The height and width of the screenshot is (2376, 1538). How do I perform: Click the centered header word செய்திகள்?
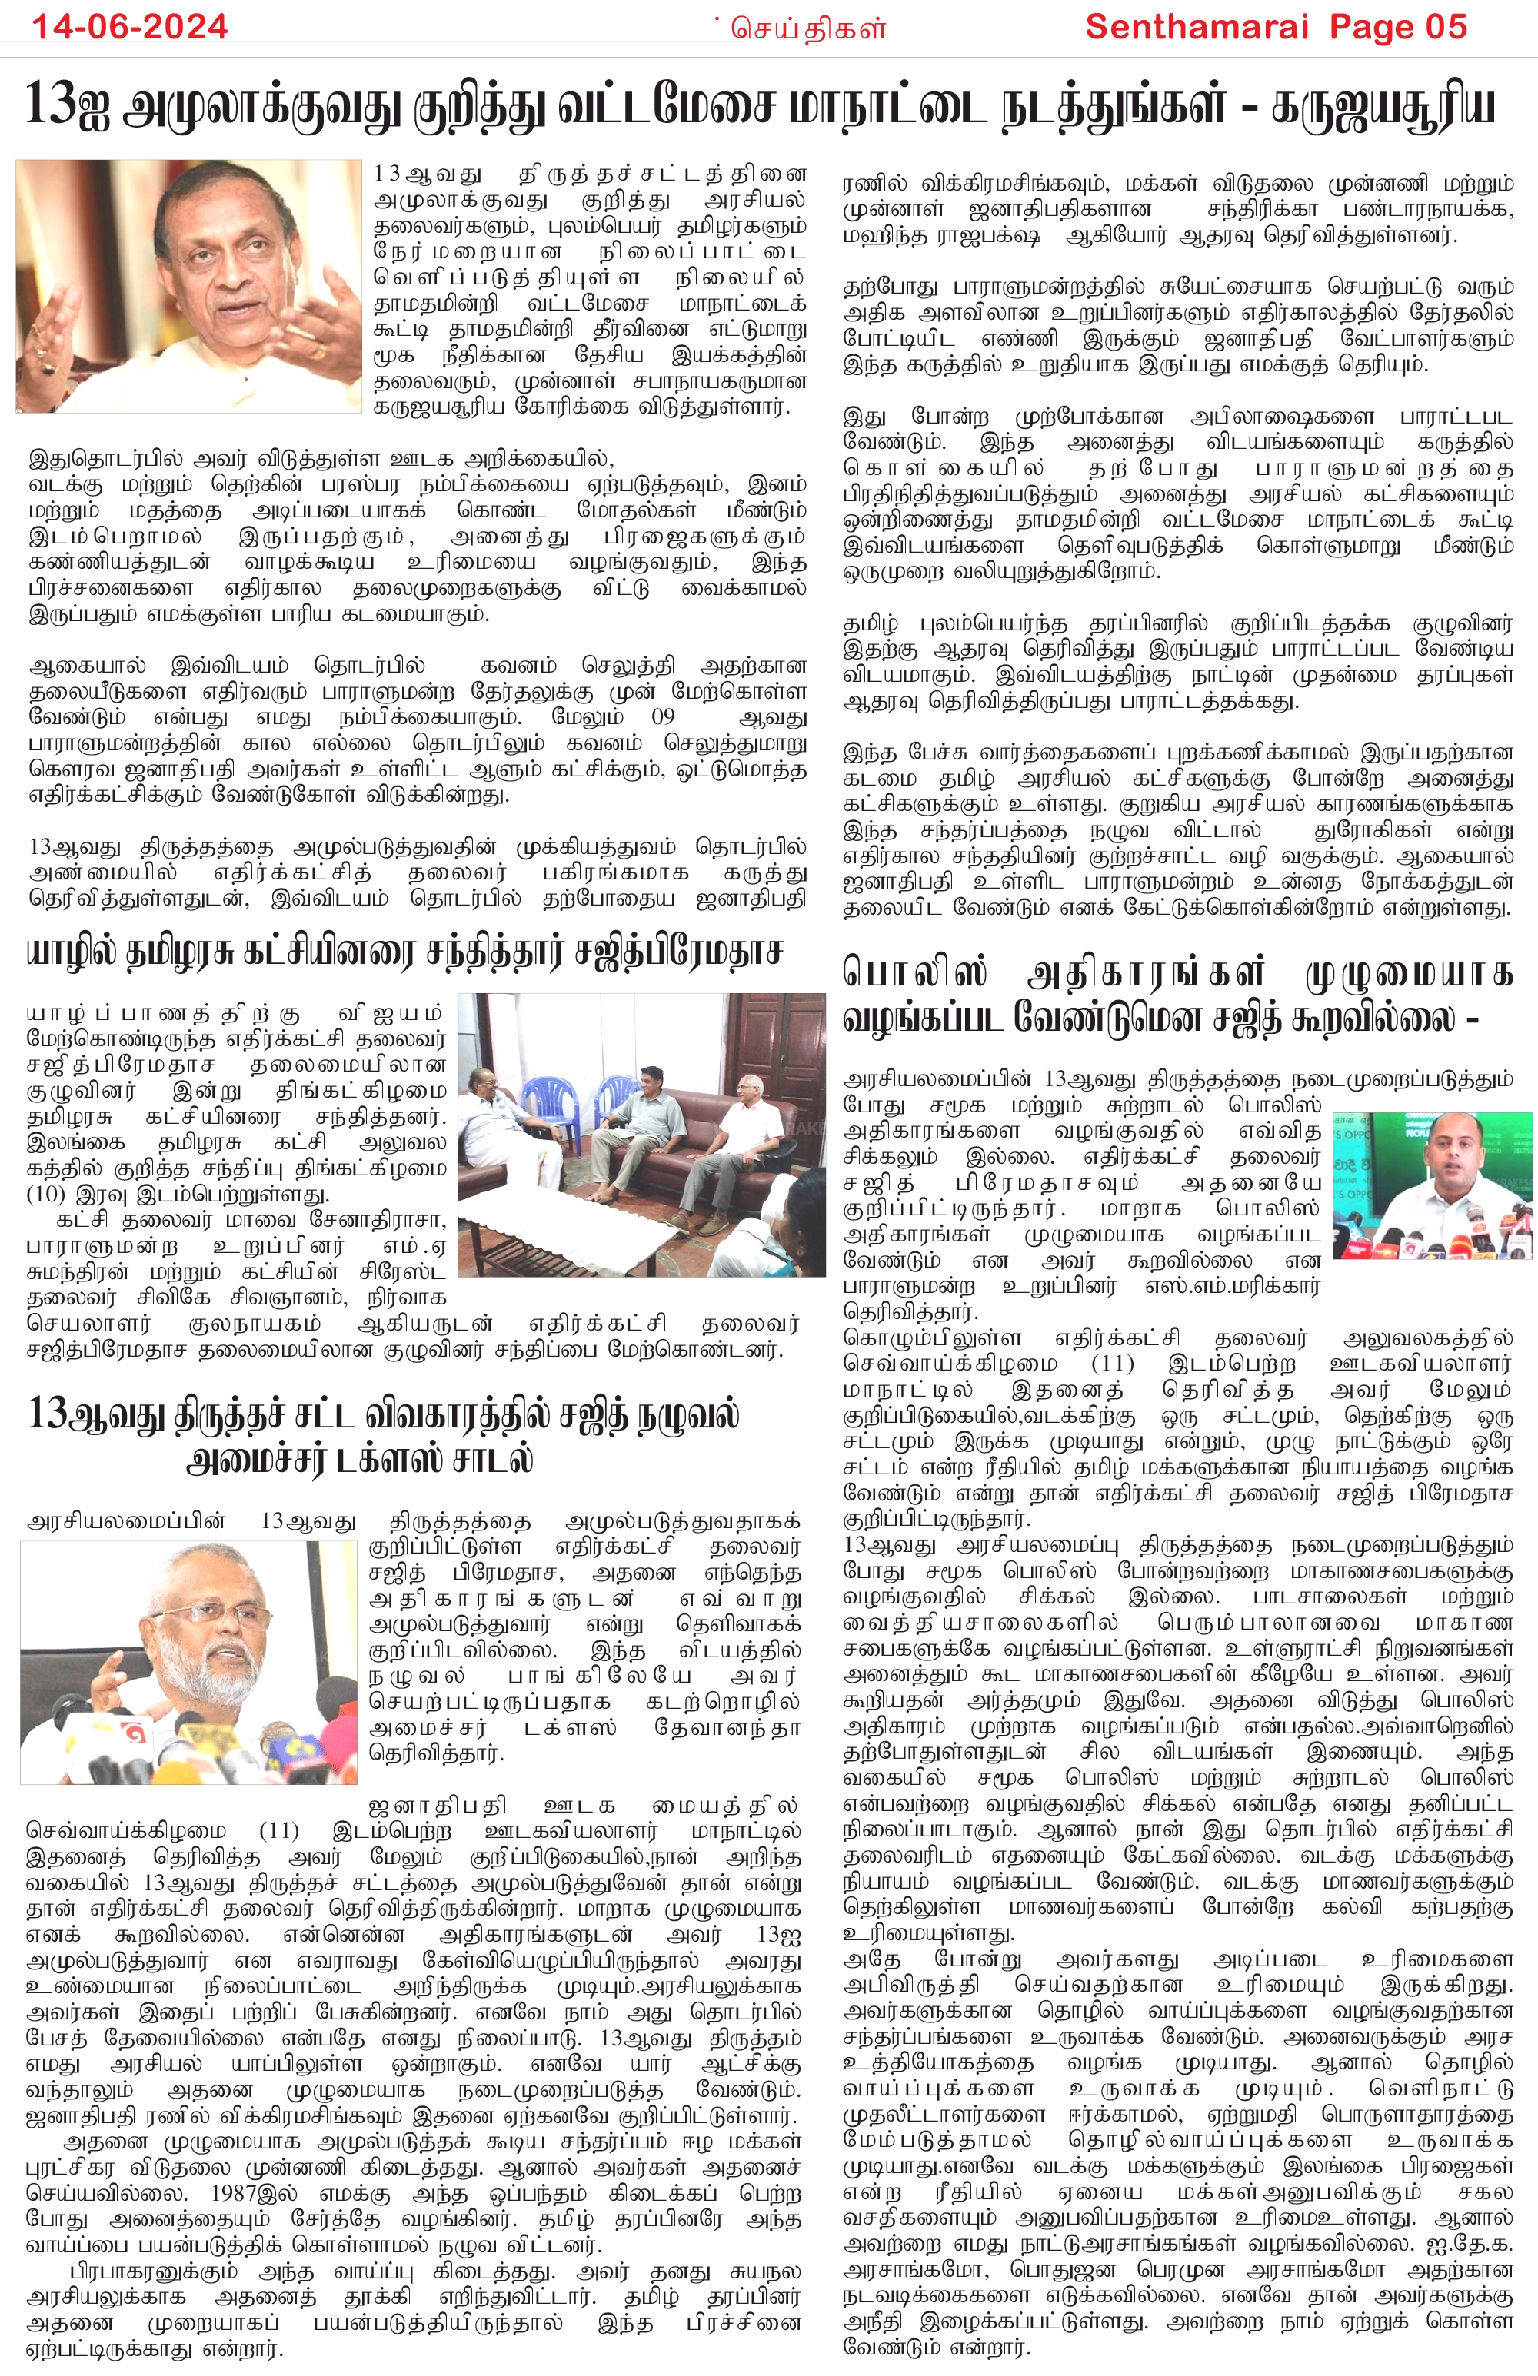(x=808, y=28)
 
